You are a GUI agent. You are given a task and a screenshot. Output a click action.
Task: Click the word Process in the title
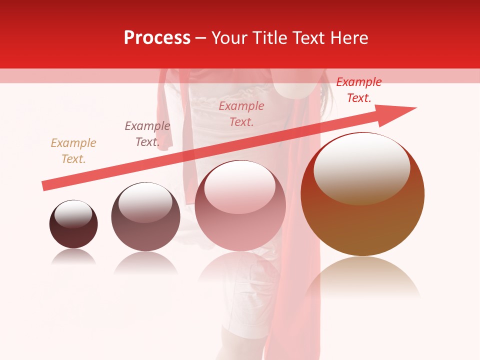coord(157,38)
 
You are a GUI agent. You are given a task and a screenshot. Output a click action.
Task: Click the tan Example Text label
coord(73,151)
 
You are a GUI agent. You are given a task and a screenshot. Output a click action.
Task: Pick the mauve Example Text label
coord(147,134)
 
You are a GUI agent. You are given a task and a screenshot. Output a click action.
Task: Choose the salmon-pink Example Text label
coord(241,113)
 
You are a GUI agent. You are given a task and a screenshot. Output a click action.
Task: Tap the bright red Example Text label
coord(358,90)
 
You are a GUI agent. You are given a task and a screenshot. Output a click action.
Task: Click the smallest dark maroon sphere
coord(73,233)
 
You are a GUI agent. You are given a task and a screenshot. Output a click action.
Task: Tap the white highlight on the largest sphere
coord(361,167)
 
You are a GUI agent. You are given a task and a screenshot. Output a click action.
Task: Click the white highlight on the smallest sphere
coord(73,214)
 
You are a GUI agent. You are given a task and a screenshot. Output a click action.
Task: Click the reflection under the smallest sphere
coord(73,257)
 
